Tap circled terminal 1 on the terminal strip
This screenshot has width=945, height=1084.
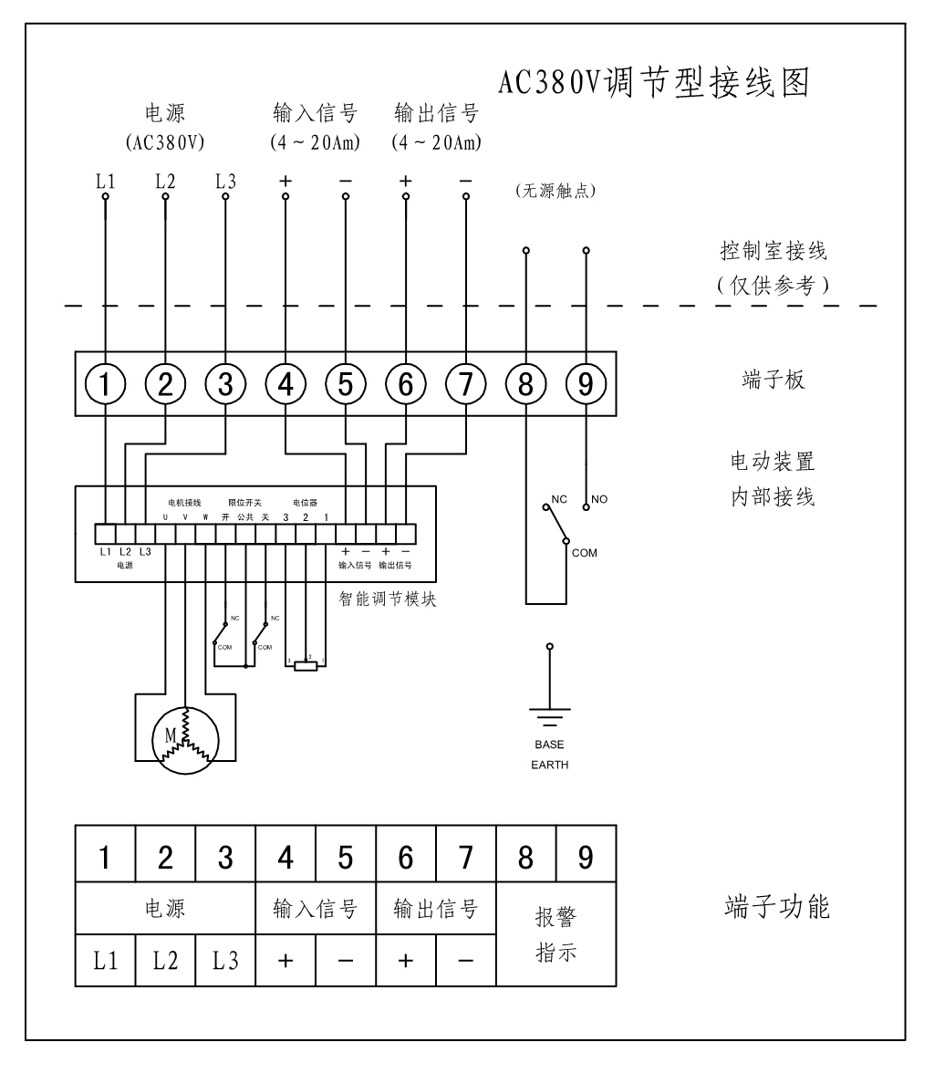(106, 386)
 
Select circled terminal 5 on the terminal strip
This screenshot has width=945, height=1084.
(345, 386)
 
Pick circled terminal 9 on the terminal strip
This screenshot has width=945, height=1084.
(586, 386)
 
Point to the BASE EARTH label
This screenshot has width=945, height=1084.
(549, 755)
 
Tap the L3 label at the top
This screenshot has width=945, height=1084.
(225, 181)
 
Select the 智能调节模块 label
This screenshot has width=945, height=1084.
(382, 600)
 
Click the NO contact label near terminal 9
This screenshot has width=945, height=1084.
(599, 499)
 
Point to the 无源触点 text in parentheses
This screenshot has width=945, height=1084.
(556, 191)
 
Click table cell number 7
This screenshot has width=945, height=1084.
(465, 858)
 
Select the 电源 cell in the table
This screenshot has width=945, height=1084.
(165, 909)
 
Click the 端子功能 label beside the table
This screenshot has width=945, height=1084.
(777, 908)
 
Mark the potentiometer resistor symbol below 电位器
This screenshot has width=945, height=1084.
(306, 666)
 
